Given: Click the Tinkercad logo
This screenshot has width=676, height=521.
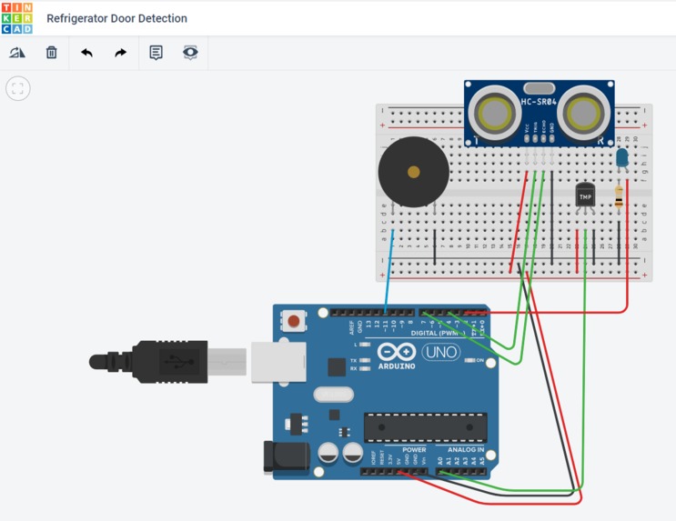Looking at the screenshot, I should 17,17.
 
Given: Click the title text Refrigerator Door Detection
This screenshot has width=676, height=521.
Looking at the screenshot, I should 116,18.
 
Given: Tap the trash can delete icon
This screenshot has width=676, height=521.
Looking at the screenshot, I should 52,53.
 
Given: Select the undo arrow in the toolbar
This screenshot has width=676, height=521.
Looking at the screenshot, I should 86,53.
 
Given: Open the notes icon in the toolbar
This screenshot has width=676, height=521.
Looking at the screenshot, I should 156,53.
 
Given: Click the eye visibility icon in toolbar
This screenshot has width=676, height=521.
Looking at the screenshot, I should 190,53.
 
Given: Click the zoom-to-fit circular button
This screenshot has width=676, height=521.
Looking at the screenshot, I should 18,88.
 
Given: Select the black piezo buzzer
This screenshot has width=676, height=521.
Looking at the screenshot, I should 413,172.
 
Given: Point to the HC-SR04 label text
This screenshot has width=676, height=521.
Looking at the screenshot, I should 539,101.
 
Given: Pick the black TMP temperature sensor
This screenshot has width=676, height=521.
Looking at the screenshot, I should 586,195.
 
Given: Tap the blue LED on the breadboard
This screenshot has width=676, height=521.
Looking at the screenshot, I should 622,159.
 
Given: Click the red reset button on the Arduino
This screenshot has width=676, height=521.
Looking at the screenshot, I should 294,321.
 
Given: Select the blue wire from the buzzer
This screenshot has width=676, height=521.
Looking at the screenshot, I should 389,268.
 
